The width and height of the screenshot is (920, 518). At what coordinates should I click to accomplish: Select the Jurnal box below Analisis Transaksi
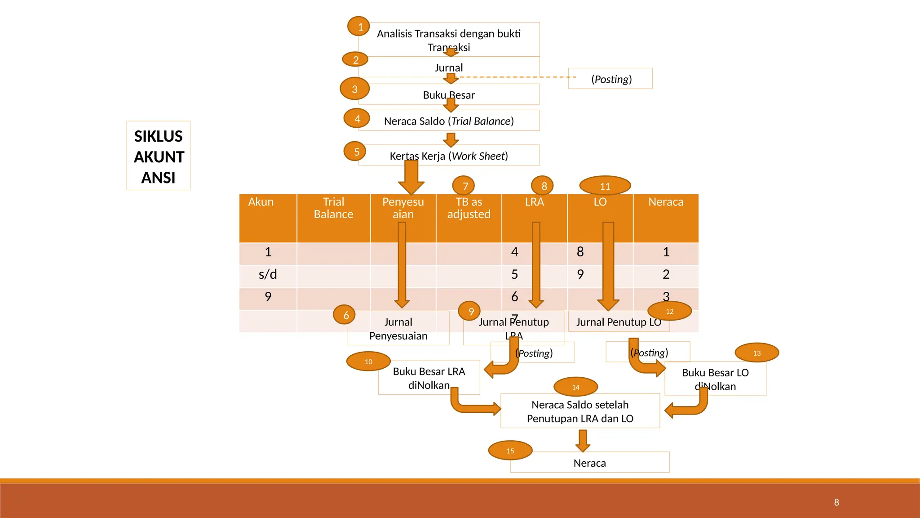click(x=449, y=67)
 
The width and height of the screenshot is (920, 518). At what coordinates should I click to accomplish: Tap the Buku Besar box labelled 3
click(x=449, y=94)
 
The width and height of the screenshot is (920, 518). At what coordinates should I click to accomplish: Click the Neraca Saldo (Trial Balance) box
click(x=449, y=121)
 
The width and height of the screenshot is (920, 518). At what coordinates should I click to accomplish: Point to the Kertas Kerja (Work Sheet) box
click(x=449, y=156)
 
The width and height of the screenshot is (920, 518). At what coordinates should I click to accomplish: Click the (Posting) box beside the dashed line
click(x=610, y=79)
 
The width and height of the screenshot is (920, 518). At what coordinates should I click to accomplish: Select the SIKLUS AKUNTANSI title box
click(x=159, y=156)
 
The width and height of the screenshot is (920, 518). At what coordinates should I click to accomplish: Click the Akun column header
click(x=261, y=202)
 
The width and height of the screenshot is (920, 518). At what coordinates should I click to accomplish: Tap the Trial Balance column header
click(x=333, y=208)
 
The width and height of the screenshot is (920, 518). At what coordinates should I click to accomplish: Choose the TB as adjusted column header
click(x=469, y=208)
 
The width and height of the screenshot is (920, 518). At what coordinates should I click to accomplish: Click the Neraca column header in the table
click(x=666, y=202)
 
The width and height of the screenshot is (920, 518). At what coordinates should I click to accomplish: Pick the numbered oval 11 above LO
click(x=605, y=186)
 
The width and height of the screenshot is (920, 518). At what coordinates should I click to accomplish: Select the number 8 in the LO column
click(x=580, y=252)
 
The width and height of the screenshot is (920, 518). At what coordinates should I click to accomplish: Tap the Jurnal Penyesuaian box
click(x=398, y=329)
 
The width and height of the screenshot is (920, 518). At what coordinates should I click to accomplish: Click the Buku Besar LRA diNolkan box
click(x=429, y=378)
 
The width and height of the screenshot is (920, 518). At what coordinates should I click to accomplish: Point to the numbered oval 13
click(x=757, y=353)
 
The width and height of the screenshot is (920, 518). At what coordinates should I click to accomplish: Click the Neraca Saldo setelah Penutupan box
click(x=580, y=411)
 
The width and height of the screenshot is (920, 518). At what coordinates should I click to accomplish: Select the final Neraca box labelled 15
click(x=590, y=463)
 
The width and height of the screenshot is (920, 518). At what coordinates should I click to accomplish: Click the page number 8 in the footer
click(x=836, y=502)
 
